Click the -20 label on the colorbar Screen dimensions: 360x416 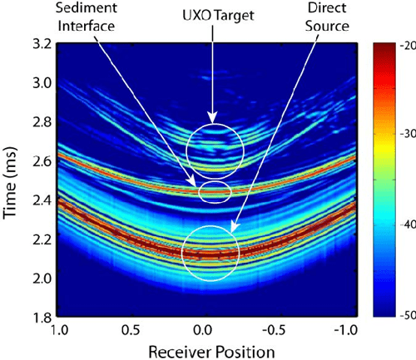coord(404,47)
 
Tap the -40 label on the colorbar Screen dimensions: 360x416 coord(404,226)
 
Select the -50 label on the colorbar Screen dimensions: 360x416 coord(404,316)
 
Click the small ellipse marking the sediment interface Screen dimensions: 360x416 coord(213,190)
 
